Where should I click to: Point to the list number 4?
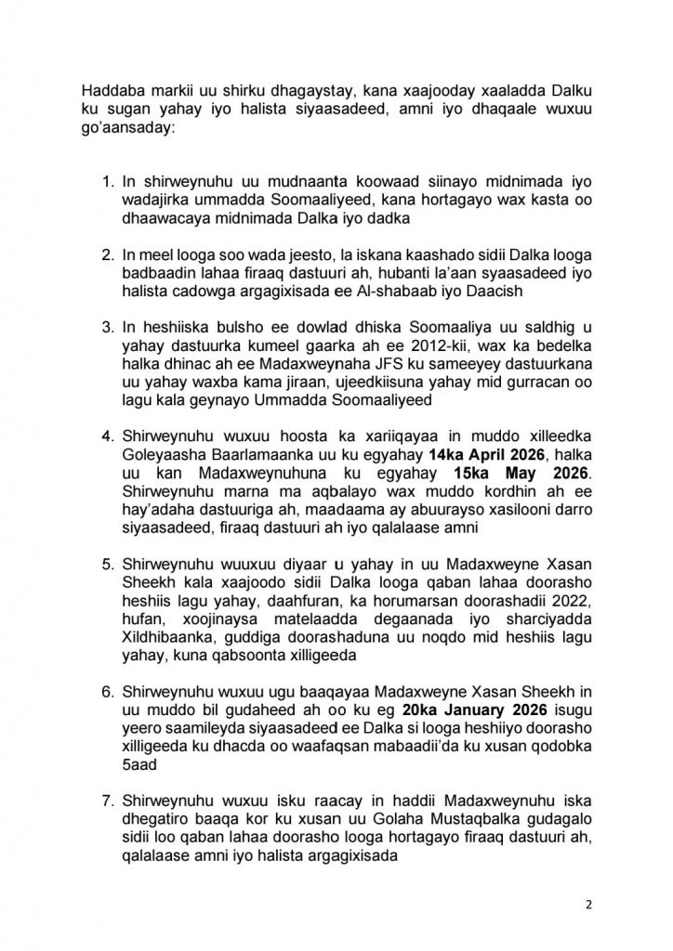point(105,434)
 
